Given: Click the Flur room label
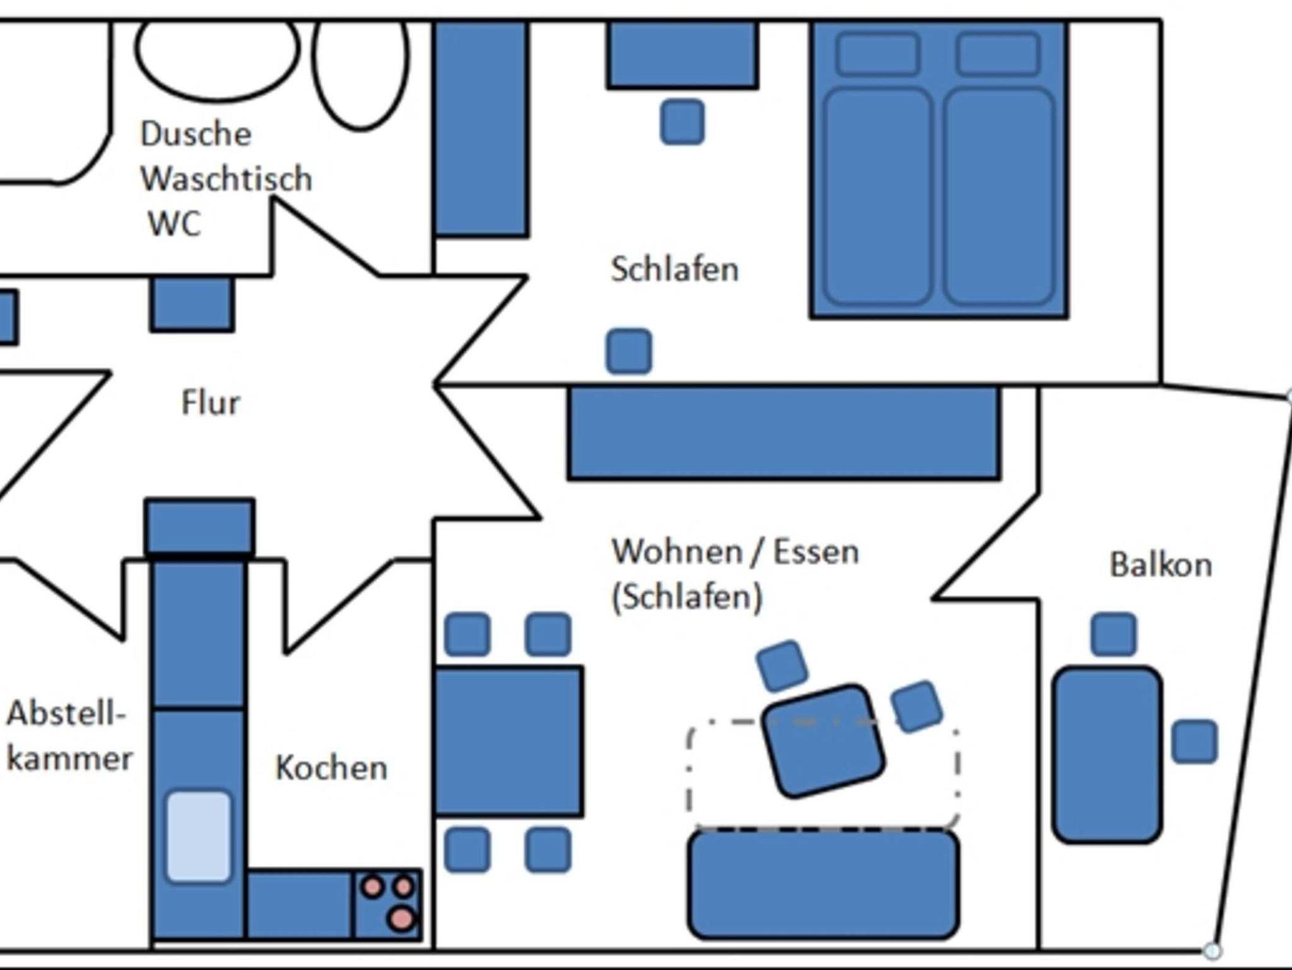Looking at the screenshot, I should [211, 402].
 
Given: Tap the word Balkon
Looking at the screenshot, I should [1160, 564].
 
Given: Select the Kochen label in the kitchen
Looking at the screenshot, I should [331, 768].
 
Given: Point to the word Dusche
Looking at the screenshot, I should [196, 134].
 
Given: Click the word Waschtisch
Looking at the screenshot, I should [226, 179].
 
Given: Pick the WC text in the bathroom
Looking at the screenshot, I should [174, 223].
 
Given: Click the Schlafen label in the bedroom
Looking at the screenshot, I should [674, 269].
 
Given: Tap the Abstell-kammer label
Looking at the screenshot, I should [68, 736].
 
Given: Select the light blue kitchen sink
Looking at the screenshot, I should [198, 836].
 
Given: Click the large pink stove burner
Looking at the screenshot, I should [401, 918].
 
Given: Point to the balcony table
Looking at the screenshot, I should [1107, 754].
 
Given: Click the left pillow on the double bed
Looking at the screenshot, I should [878, 54].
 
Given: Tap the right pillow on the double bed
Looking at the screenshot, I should [997, 54].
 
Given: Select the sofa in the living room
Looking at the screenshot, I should [824, 884].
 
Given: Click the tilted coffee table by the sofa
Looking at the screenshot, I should [823, 741].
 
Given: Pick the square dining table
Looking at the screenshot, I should [508, 741].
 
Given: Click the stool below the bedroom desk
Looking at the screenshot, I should [682, 122].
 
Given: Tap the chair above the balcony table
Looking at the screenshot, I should [1113, 634].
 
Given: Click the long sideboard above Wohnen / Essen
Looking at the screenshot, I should [784, 433].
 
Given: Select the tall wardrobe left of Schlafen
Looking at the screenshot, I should [481, 129].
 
